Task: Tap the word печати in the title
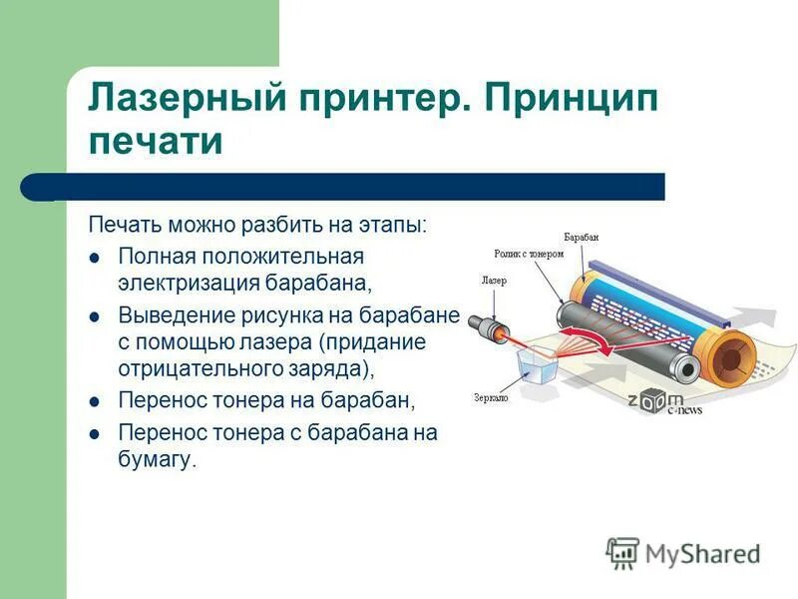[155, 142]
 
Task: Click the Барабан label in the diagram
[581, 238]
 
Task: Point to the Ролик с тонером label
[529, 254]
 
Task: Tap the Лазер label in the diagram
[494, 282]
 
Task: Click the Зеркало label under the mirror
[491, 396]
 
